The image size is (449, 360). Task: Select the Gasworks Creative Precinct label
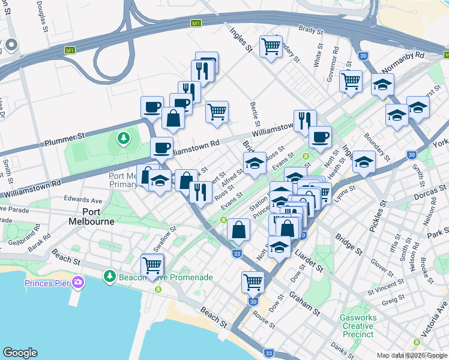pos(358,325)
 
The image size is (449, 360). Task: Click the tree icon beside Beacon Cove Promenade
pos(109,277)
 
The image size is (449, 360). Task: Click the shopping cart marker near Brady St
pos(271,46)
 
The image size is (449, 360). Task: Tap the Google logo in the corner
pos(20,353)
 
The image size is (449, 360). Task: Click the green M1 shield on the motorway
pos(196,23)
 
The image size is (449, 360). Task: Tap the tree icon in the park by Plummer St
pos(124,139)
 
